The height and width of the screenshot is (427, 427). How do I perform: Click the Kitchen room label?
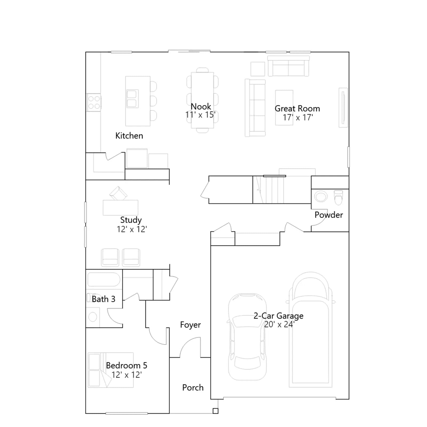[x=129, y=136]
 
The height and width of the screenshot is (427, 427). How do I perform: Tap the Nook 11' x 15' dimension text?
[x=200, y=115]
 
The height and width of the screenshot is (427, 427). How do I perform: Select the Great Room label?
[x=297, y=109]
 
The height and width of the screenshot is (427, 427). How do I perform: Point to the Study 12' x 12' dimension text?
[x=132, y=229]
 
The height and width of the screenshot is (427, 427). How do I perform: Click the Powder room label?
[x=329, y=215]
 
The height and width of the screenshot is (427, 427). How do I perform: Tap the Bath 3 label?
[x=104, y=299]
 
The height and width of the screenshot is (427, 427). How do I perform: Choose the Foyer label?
[x=190, y=325]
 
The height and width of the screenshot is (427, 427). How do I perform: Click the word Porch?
[x=193, y=388]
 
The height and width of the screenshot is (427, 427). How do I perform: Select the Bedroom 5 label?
[x=126, y=365]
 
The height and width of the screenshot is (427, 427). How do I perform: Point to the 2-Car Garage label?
[x=278, y=316]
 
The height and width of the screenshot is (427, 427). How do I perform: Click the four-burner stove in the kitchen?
[x=94, y=102]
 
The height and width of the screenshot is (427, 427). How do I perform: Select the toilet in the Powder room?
[x=338, y=197]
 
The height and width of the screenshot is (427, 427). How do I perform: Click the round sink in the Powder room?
[x=321, y=197]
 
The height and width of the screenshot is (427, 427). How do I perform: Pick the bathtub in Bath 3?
[x=104, y=279]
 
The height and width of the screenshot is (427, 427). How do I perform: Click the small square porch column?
[x=215, y=411]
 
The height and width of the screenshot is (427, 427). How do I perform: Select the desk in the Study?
[x=121, y=208]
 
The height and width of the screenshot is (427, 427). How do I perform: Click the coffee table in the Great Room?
[x=284, y=108]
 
